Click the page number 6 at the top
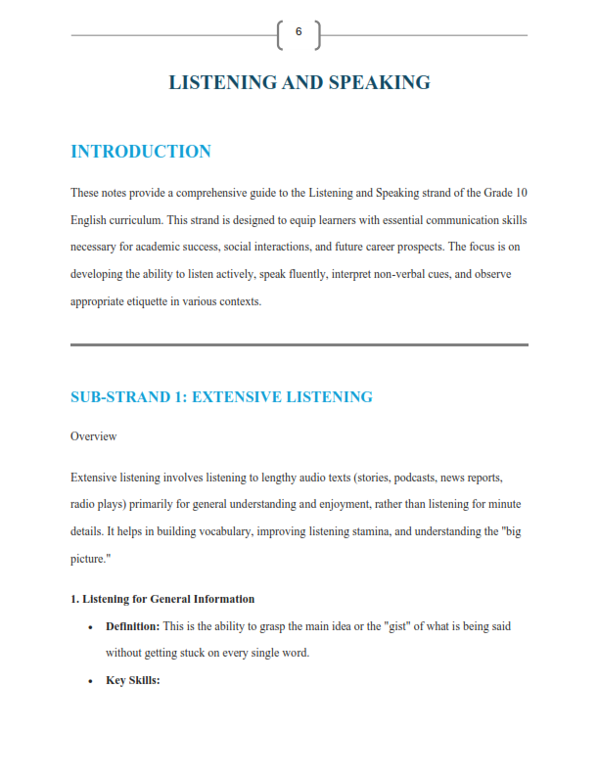tap(299, 32)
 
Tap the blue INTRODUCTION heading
tap(141, 152)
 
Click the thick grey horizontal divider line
tap(299, 344)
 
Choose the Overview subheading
tap(94, 436)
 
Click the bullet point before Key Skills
tap(90, 681)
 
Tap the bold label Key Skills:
tap(132, 680)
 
